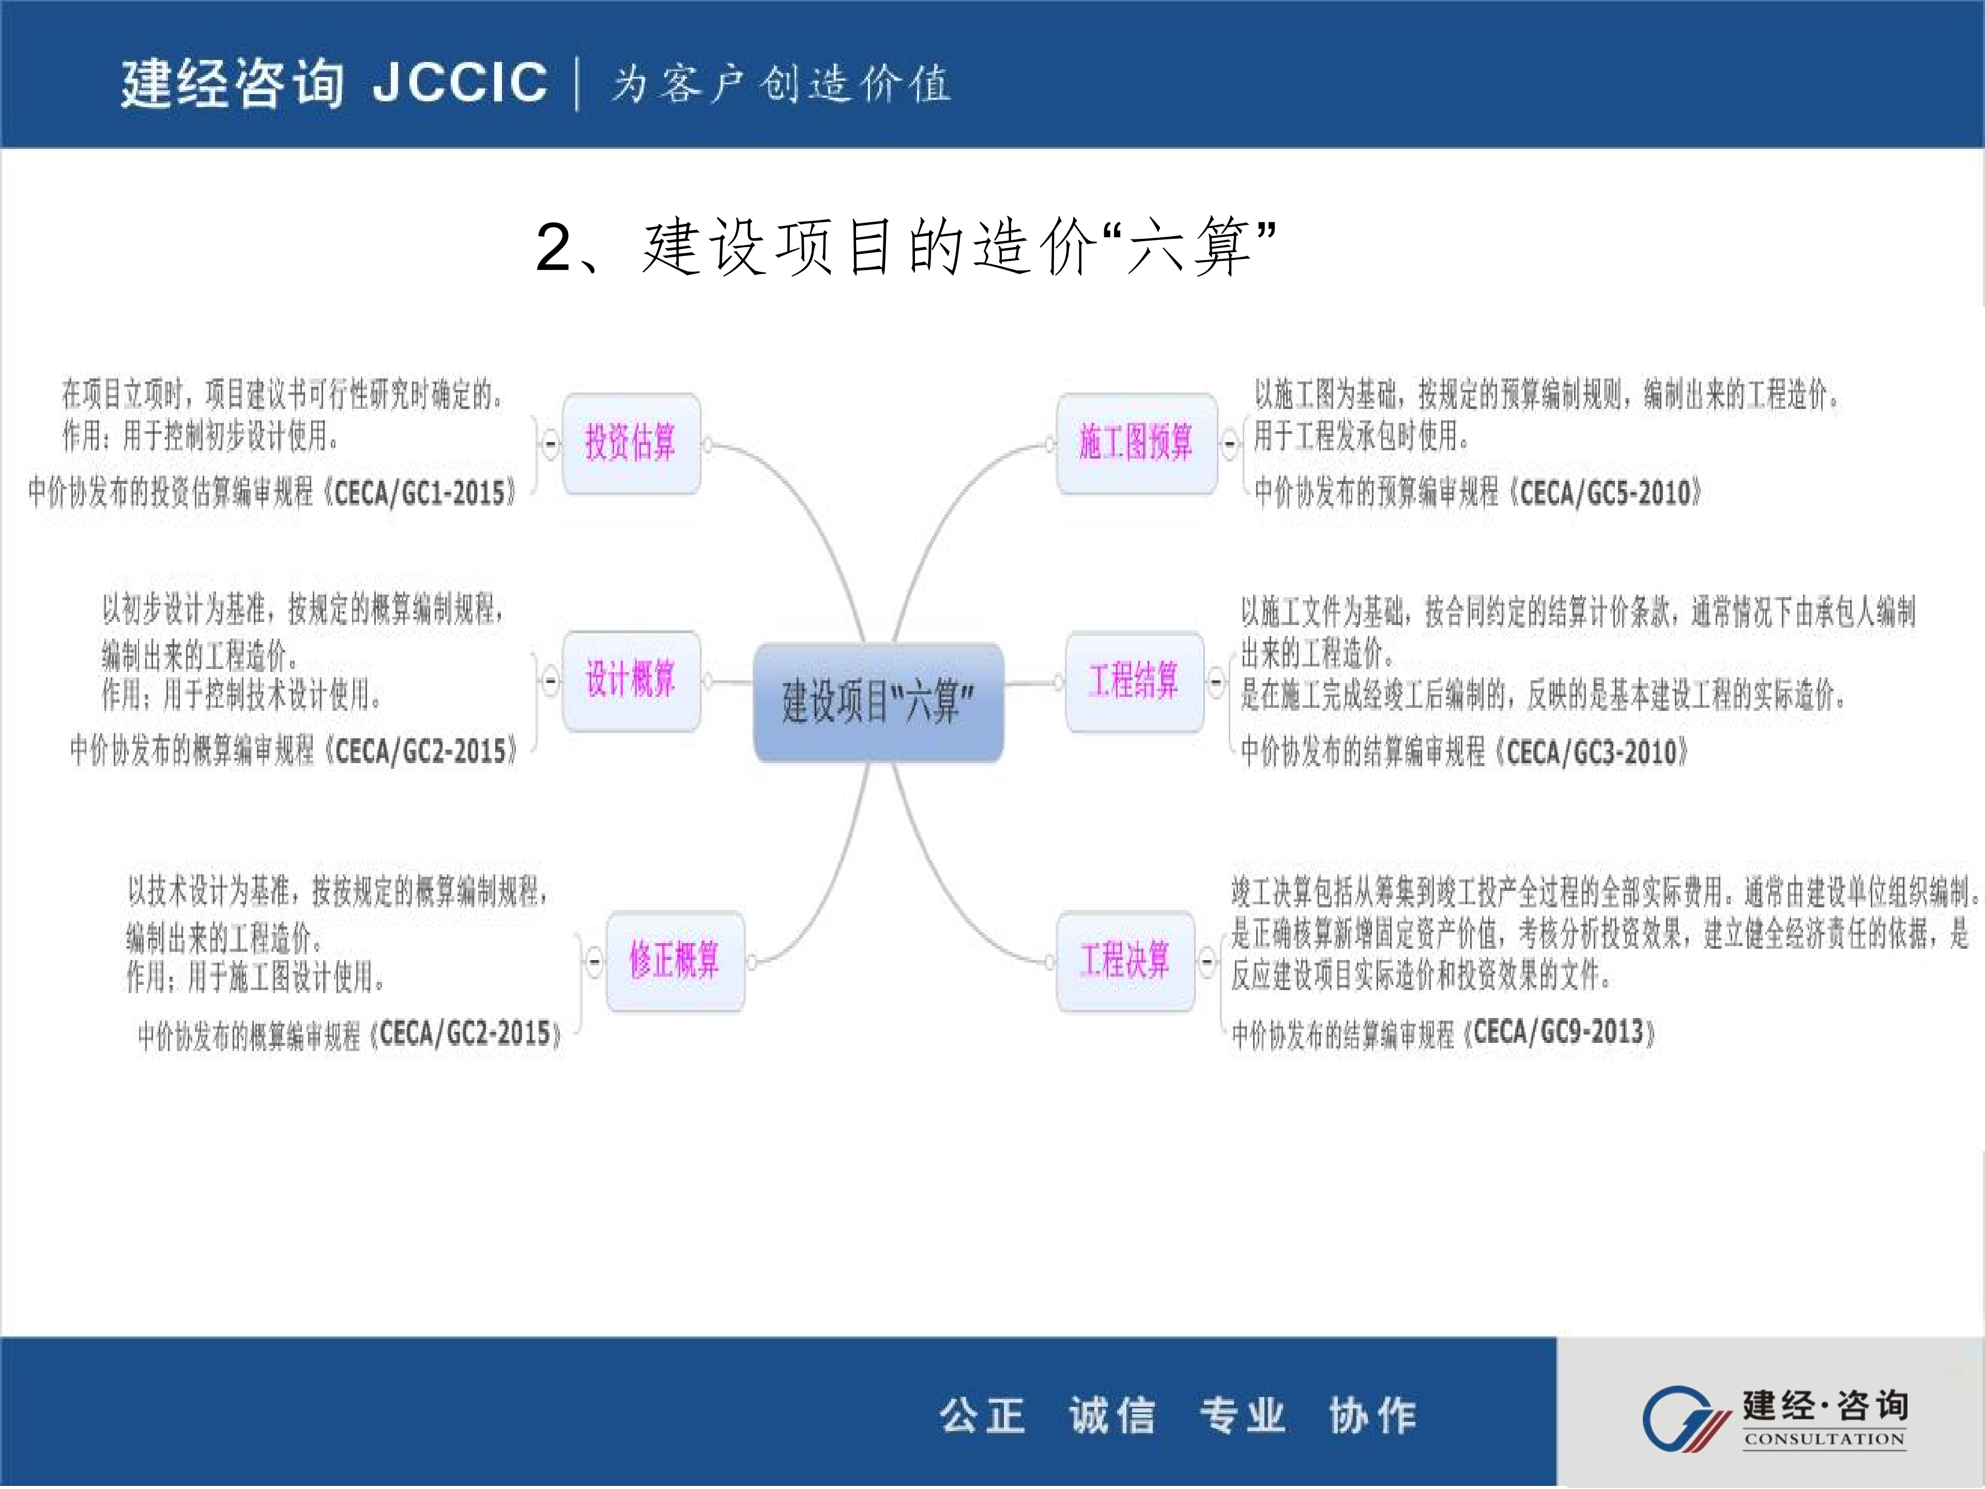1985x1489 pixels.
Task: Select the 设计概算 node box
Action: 631,680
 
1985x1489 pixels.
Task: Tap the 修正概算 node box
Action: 675,961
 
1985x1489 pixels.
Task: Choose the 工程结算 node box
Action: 1134,681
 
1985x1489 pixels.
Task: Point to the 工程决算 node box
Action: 1125,961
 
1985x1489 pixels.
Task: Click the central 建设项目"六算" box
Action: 878,702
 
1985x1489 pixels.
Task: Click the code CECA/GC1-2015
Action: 419,493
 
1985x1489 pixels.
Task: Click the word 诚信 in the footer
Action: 1112,1416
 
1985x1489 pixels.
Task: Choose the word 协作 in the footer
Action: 1372,1416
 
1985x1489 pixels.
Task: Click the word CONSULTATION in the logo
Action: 1824,1440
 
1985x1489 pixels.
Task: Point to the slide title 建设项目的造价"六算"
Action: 906,247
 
